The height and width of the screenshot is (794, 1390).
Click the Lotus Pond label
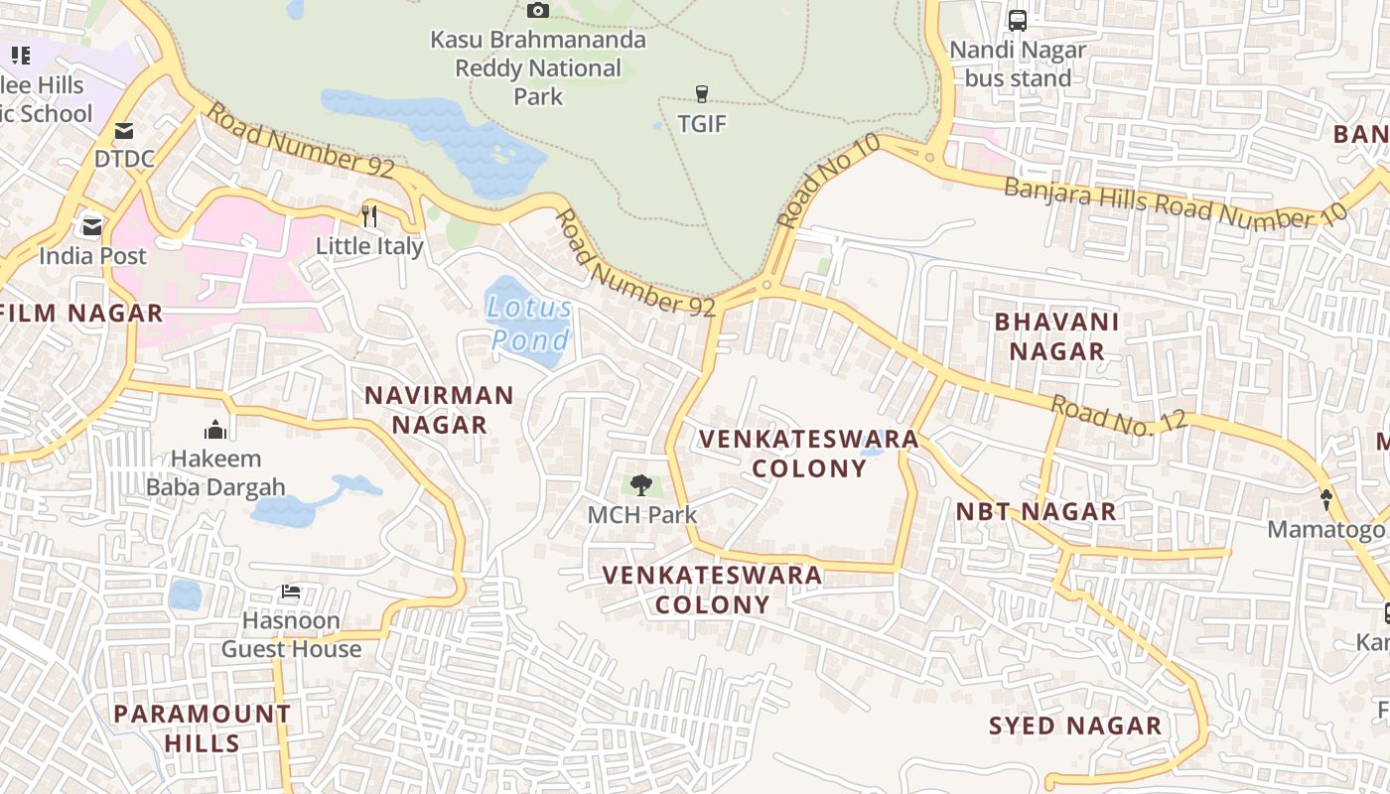pos(531,324)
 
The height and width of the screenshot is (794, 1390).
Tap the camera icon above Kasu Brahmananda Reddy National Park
pos(538,10)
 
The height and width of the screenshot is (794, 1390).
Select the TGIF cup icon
pos(702,94)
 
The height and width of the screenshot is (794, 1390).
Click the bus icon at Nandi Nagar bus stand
pos(1018,20)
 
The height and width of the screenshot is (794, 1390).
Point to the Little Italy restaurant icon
pos(369,215)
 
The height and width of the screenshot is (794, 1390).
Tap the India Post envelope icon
pos(92,226)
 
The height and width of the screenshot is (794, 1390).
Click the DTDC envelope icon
pos(124,130)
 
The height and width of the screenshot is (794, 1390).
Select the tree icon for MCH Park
pos(641,485)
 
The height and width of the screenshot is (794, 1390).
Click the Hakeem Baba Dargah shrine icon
pos(215,430)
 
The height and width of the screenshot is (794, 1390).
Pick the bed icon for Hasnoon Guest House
pos(291,592)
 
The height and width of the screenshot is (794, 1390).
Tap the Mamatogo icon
pos(1325,499)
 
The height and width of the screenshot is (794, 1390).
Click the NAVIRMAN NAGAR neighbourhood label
pos(439,410)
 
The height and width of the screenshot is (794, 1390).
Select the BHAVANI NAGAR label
pos(1056,336)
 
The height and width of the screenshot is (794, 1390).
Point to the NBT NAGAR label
pos(1036,512)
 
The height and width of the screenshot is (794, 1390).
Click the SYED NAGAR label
pos(1075,726)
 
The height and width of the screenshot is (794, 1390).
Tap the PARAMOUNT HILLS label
pos(202,728)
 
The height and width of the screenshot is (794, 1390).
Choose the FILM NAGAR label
pos(81,314)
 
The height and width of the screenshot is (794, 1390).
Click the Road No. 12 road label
pos(1119,414)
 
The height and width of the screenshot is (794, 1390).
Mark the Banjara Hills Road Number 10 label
pos(1176,202)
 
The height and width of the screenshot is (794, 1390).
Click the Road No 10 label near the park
pos(829,181)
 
